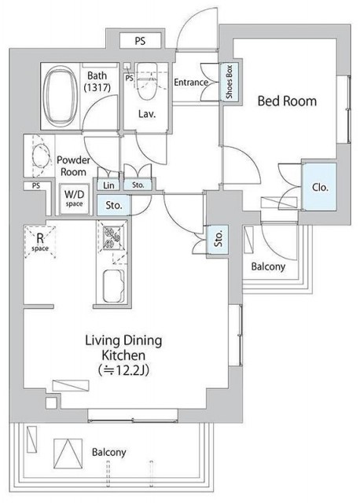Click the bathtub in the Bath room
(x=61, y=96)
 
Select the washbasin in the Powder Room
(x=41, y=156)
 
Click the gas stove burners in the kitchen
(x=112, y=237)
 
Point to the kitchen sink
(x=114, y=286)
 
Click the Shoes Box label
(x=229, y=82)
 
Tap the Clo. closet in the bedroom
(x=319, y=187)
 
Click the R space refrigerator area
(x=40, y=242)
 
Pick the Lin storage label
(x=108, y=185)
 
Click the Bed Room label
(x=287, y=101)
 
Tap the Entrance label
(x=190, y=83)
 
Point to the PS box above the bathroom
(x=140, y=41)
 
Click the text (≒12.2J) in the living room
(x=124, y=370)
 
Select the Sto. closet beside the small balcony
(x=219, y=240)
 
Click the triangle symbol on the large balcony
(x=68, y=453)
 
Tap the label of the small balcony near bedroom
(x=268, y=266)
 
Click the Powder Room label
(x=73, y=166)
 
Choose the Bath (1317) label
(x=97, y=82)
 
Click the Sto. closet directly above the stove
(x=114, y=205)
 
